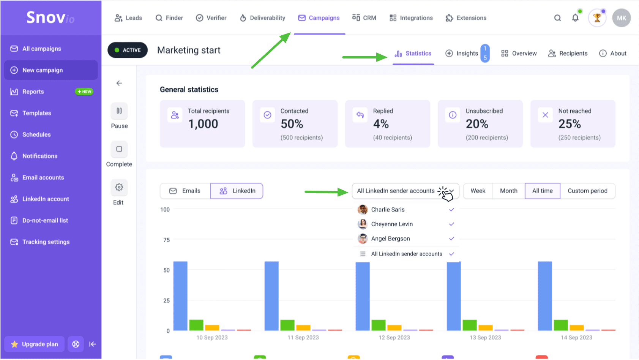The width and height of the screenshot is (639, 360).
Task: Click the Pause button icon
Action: click(119, 111)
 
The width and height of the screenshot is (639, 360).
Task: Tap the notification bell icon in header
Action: click(575, 18)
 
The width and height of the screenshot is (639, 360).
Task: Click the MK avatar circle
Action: click(621, 18)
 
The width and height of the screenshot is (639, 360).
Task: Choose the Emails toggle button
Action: click(185, 191)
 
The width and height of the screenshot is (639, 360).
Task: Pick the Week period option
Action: click(478, 191)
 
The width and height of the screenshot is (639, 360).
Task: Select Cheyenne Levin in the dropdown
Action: click(392, 224)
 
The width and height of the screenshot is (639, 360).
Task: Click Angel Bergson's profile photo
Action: click(363, 239)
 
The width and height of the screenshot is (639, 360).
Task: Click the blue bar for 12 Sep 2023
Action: click(363, 296)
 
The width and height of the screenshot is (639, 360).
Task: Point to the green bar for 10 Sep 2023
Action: click(196, 325)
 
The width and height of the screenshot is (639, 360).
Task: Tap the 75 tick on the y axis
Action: click(167, 240)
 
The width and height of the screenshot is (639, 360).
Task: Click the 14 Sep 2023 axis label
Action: click(576, 338)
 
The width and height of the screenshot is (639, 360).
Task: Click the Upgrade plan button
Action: click(35, 344)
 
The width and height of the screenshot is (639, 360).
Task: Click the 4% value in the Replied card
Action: click(381, 124)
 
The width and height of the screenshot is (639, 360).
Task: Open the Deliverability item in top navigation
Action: click(262, 18)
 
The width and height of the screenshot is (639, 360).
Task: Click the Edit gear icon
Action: click(119, 188)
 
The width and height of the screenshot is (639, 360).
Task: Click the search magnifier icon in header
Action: click(557, 18)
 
